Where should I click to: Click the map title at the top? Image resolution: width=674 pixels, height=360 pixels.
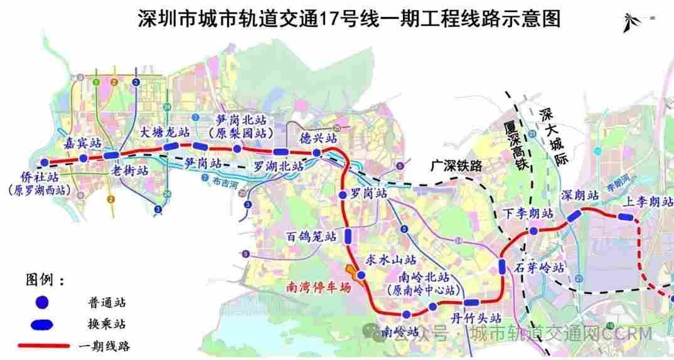click(x=349, y=19)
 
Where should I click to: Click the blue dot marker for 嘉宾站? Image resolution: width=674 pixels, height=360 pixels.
click(x=83, y=159)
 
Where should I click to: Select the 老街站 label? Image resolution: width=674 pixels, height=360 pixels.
click(x=129, y=171)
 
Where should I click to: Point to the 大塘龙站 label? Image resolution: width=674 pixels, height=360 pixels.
click(x=164, y=132)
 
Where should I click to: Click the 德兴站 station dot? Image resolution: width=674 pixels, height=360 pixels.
click(x=317, y=153)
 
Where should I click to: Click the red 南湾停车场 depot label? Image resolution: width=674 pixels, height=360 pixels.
click(x=318, y=289)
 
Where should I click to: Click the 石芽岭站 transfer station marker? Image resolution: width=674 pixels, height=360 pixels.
click(x=503, y=266)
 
